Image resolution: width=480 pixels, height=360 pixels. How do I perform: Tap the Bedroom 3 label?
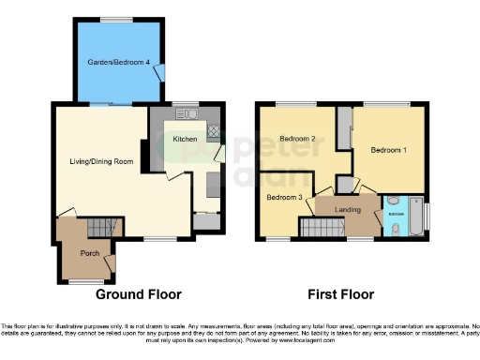click(x=284, y=198)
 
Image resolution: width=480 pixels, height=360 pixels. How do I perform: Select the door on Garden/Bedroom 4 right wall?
click(x=163, y=72)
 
